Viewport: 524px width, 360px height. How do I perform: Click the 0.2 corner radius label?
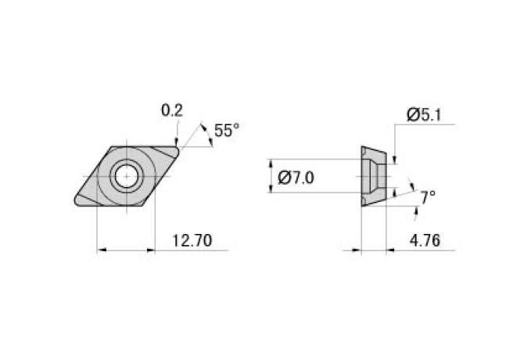point(171,110)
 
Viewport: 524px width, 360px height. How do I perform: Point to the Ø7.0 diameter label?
point(296,178)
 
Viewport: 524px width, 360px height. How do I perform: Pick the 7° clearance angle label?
point(426,197)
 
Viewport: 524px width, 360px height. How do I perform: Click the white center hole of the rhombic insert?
point(125,177)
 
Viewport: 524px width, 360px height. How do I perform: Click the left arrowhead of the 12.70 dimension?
point(102,250)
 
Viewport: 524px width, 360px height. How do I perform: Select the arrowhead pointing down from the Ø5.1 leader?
point(396,160)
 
